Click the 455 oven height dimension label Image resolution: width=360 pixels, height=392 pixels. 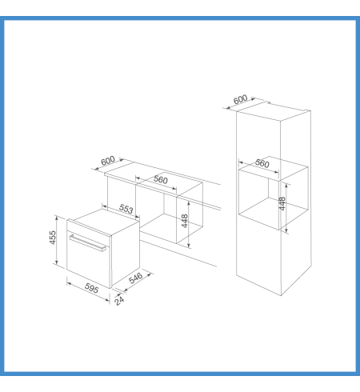point(53,238)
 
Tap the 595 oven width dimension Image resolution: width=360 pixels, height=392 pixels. point(91,288)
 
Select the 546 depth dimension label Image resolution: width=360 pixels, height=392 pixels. point(136,278)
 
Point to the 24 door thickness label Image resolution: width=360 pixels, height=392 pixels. point(119,301)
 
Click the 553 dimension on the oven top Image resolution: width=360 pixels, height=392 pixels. point(126,209)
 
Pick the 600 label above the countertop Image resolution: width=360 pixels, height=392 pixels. point(108,161)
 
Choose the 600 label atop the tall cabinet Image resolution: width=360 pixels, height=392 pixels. point(240,99)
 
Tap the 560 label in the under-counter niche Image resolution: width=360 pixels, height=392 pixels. point(161,179)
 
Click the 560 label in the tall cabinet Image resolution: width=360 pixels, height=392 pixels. point(262,163)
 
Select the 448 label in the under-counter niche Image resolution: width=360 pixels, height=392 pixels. point(185,221)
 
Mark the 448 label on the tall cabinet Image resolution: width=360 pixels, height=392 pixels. point(282,203)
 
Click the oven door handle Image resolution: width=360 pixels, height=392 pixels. point(87,243)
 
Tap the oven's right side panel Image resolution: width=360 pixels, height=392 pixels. point(126,254)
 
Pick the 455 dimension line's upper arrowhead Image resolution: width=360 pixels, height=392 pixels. point(56,218)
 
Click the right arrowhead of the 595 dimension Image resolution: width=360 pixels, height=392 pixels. point(107,300)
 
